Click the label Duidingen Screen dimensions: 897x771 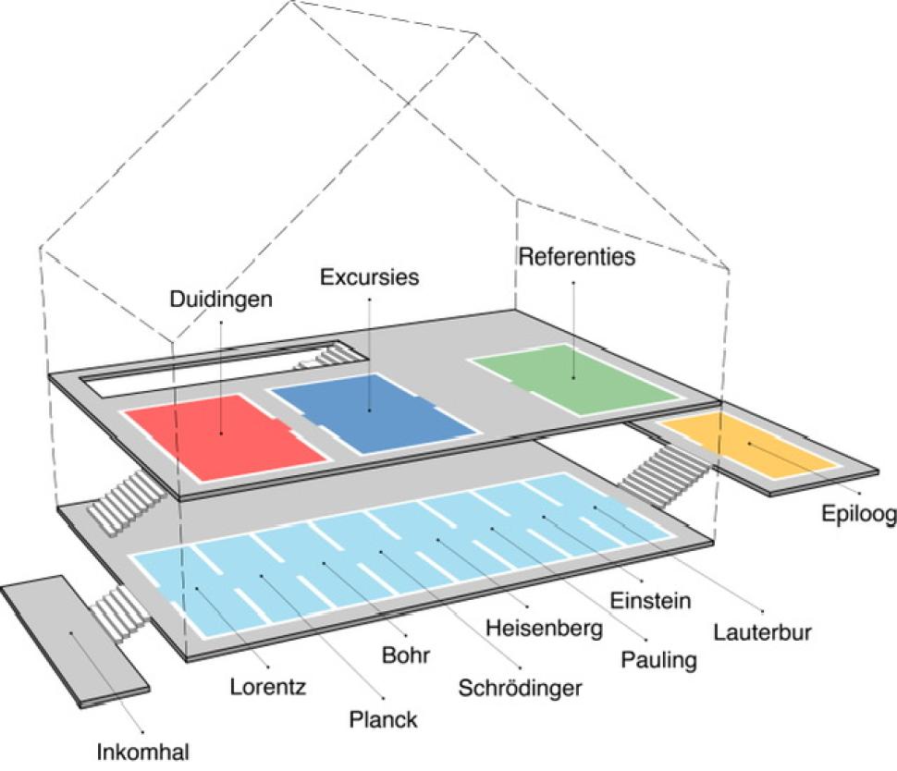(x=221, y=300)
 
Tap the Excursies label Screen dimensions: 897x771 (x=370, y=276)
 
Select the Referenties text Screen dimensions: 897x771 (x=577, y=256)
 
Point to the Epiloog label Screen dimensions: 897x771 (x=859, y=514)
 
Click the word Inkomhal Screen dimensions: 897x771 (x=142, y=753)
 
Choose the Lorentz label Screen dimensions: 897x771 (x=268, y=686)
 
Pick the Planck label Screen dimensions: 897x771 (x=383, y=719)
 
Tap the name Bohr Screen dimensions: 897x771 (x=406, y=655)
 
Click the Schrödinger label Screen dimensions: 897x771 (x=520, y=688)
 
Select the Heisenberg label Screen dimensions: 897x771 (x=544, y=628)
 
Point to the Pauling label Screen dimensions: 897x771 (x=659, y=660)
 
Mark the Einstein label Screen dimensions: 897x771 (x=650, y=601)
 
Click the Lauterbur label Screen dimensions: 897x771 (x=763, y=632)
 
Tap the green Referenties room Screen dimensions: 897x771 (x=574, y=379)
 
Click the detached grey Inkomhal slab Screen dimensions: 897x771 (x=74, y=641)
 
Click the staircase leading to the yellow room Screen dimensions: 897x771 (x=664, y=476)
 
